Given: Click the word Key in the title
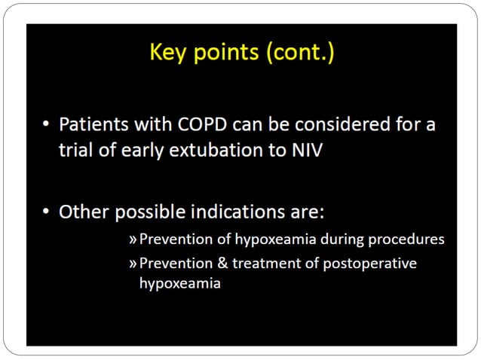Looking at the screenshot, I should (170, 54).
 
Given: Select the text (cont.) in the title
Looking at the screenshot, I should (299, 54).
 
